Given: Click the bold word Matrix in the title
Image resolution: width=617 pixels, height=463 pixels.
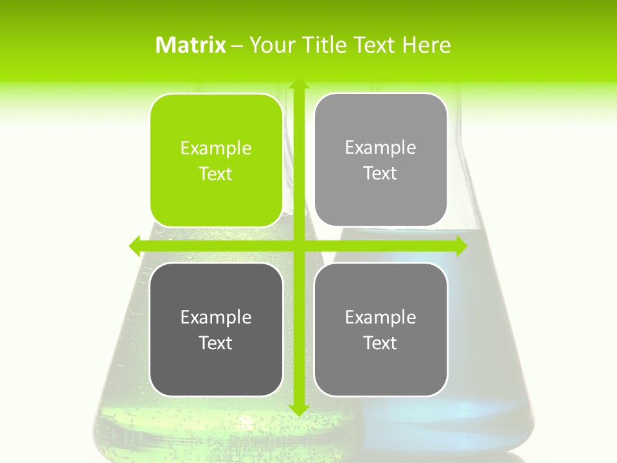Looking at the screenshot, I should pyautogui.click(x=191, y=45).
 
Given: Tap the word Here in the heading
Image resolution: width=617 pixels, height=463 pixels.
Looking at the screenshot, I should pyautogui.click(x=426, y=45).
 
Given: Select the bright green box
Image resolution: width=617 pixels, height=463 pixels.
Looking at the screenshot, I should pyautogui.click(x=216, y=160).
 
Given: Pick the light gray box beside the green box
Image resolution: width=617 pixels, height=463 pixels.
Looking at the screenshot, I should pyautogui.click(x=380, y=159).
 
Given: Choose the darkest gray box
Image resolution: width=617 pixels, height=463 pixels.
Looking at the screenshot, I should pyautogui.click(x=216, y=329).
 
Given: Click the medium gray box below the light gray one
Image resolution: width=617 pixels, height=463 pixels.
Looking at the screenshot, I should pyautogui.click(x=380, y=329).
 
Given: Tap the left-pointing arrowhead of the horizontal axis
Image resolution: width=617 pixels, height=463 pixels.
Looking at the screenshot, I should pyautogui.click(x=135, y=246).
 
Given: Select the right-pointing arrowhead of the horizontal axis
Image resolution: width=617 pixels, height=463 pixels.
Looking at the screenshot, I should pyautogui.click(x=461, y=246).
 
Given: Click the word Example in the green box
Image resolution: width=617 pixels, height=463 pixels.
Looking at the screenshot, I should pyautogui.click(x=216, y=148).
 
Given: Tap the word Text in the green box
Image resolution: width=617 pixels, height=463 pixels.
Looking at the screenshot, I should pyautogui.click(x=216, y=174).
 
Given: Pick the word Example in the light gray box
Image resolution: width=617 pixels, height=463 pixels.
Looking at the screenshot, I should pyautogui.click(x=380, y=147).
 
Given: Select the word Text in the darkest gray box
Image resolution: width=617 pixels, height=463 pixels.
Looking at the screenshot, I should pyautogui.click(x=216, y=343).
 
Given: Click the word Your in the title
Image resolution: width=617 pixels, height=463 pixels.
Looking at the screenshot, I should pyautogui.click(x=267, y=45).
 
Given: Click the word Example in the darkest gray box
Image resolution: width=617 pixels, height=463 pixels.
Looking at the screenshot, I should pyautogui.click(x=216, y=317).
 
